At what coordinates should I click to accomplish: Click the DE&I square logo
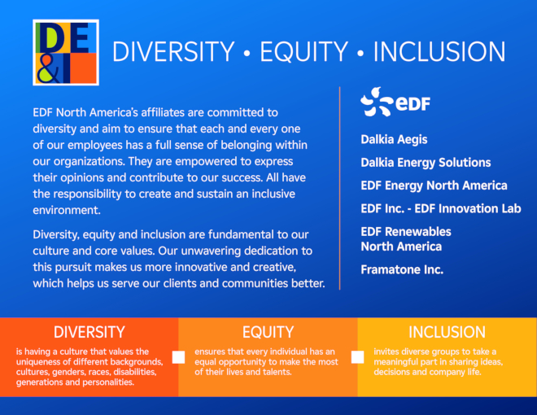click(66, 53)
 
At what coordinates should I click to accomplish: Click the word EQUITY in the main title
click(304, 52)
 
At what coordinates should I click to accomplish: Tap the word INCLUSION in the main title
click(439, 52)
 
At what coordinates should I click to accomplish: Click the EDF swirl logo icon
click(376, 102)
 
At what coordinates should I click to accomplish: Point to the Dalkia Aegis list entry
click(394, 140)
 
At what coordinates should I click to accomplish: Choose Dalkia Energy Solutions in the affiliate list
click(426, 163)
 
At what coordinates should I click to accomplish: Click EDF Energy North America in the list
click(434, 186)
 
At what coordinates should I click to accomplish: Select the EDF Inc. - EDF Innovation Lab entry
click(440, 208)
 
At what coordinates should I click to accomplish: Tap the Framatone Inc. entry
click(402, 269)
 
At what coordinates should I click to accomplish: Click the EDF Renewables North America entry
click(405, 239)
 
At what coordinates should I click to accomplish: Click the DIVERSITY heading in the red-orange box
click(89, 332)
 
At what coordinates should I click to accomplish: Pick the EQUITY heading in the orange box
click(268, 332)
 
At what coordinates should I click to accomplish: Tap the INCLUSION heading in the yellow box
click(447, 332)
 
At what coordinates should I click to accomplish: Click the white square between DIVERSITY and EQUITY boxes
click(178, 356)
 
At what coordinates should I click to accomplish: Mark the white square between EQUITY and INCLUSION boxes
click(357, 356)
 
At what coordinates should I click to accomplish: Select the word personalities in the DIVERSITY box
click(107, 382)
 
